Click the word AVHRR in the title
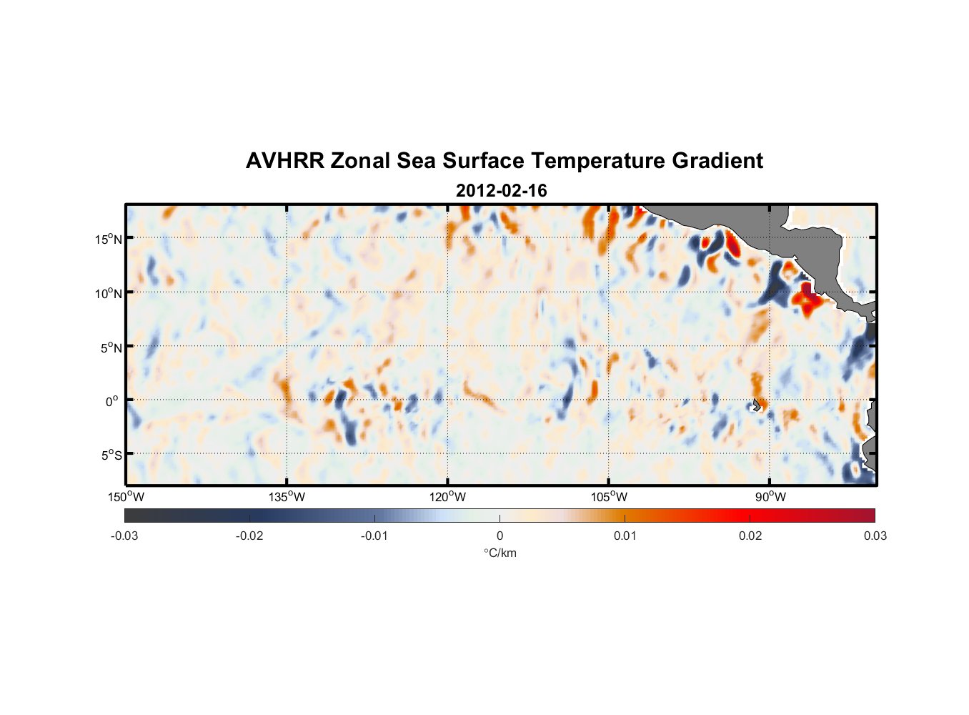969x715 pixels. (x=284, y=161)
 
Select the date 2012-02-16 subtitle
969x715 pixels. (x=501, y=191)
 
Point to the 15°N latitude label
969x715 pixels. (x=109, y=239)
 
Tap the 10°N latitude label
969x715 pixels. (x=109, y=293)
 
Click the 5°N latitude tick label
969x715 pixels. (x=111, y=347)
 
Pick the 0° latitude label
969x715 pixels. (x=113, y=401)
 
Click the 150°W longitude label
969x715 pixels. (x=126, y=497)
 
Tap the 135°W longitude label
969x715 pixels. (x=287, y=497)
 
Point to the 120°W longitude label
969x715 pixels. (x=447, y=497)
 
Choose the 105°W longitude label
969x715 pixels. (x=609, y=497)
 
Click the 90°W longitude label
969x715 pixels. (x=770, y=497)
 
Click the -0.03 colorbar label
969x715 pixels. (x=124, y=536)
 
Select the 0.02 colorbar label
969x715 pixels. (x=750, y=536)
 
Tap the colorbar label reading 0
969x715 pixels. (x=500, y=536)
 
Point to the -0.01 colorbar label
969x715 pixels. (x=374, y=536)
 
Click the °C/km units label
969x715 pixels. (x=500, y=553)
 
